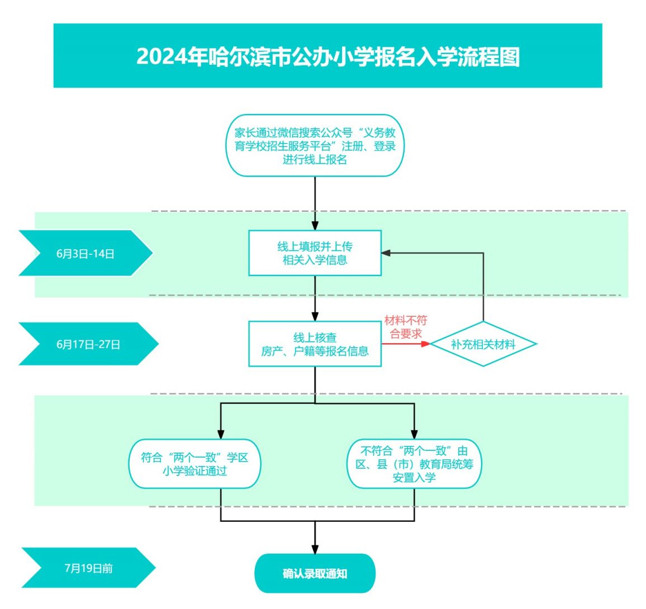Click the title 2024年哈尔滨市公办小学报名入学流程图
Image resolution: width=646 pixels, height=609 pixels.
coord(328,56)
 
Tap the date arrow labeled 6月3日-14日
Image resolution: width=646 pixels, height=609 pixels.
coord(85,253)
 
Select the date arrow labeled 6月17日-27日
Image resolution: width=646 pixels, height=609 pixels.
coord(89,344)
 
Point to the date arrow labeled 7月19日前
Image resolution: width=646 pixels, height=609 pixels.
coord(89,568)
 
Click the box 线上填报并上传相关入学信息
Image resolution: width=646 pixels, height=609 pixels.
coord(315,253)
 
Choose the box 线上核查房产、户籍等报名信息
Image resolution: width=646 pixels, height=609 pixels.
coord(315,344)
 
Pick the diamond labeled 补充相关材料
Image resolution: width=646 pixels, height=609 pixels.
coord(483,344)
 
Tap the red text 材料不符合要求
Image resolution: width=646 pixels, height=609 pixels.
coord(405,327)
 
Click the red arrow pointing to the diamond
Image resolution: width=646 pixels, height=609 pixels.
coord(406,344)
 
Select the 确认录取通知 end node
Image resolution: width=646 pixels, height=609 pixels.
coord(315,573)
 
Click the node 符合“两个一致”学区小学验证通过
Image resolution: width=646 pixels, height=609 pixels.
coord(195,464)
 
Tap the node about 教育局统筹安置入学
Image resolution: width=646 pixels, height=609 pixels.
coord(414,464)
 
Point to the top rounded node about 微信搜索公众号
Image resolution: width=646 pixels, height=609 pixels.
coord(315,145)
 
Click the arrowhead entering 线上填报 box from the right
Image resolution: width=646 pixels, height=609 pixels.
coord(386,253)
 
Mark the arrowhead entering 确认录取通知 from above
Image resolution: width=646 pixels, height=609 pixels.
coord(315,549)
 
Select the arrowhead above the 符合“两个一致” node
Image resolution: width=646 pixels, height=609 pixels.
coord(221,435)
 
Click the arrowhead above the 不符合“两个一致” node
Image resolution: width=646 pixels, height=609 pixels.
coord(414,435)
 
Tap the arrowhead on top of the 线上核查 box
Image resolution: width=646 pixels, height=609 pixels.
coord(315,317)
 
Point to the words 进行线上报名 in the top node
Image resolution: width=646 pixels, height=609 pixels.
coord(315,159)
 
